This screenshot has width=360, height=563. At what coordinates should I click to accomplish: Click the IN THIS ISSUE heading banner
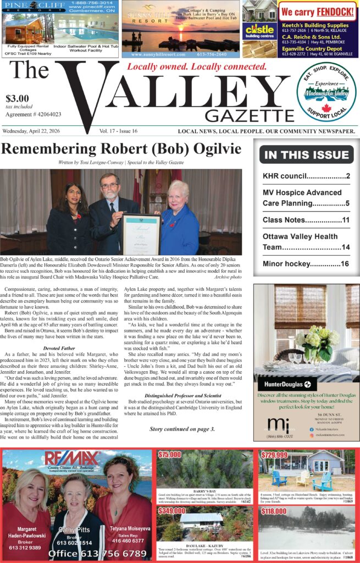(x=306, y=155)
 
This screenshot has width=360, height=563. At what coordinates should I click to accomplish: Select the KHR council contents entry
(x=306, y=176)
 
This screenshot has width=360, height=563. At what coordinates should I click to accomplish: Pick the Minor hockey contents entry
(x=306, y=263)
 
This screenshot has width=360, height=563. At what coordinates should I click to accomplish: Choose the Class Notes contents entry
(x=306, y=220)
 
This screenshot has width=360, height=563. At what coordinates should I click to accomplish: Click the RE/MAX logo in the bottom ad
(x=72, y=460)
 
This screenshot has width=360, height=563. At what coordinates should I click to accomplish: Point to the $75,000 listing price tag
(x=169, y=455)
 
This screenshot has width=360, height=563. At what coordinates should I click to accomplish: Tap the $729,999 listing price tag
(x=274, y=455)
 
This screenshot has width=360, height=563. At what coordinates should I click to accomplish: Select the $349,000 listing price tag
(x=170, y=511)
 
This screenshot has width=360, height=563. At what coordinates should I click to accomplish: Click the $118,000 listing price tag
(x=274, y=511)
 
